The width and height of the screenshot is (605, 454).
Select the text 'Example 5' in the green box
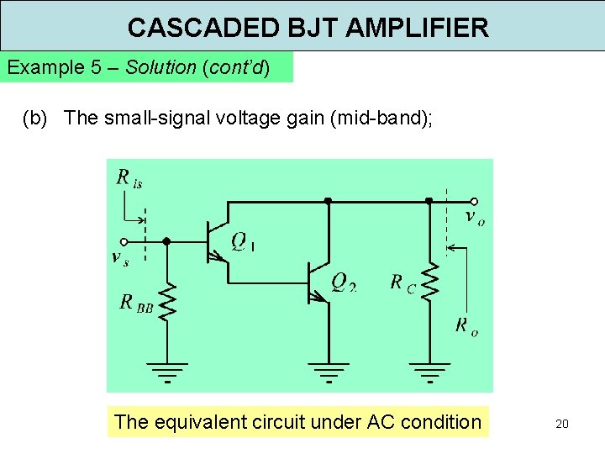click(47, 67)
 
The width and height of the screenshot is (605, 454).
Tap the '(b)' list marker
click(35, 118)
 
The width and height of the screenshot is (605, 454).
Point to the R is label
click(129, 177)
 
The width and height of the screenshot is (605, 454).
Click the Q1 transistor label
click(242, 243)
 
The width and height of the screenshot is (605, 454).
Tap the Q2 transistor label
click(343, 281)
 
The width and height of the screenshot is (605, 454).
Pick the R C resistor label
click(402, 282)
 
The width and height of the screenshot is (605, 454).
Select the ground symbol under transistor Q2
click(328, 371)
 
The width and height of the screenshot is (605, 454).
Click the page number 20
click(561, 424)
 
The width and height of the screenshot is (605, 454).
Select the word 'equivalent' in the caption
click(207, 422)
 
